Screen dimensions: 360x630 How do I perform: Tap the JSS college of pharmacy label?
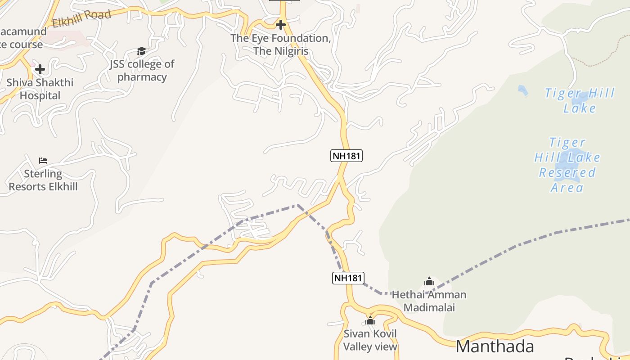pos(142,70)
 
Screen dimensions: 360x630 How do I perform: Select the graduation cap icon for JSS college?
pos(141,51)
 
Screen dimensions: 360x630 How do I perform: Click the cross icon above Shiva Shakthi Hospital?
pos(40,69)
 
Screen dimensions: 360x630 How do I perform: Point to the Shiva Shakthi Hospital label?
pos(40,89)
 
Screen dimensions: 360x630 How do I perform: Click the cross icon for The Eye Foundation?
pos(281,24)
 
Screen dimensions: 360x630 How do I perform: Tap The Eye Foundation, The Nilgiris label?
pos(281,45)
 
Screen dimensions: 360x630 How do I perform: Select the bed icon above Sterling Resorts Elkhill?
pos(43,160)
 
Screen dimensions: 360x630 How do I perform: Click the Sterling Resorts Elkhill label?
pos(43,180)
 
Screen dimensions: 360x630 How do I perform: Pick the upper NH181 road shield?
pos(346,156)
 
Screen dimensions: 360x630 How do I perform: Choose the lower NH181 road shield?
pos(348,278)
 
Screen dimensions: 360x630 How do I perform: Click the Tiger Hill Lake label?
pos(580,100)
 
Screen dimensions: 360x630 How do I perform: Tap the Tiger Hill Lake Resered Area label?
pos(567,165)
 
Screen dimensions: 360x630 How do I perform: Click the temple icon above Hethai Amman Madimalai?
pos(429,282)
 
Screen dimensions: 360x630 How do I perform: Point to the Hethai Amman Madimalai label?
pos(429,301)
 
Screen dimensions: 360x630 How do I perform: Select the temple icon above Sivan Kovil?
pos(370,320)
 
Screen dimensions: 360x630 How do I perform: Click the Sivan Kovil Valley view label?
pos(370,340)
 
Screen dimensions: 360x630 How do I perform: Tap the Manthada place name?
pos(495,346)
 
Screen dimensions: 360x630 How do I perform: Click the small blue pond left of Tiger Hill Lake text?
pos(522,90)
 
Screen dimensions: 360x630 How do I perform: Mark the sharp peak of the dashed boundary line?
pos(297,205)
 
